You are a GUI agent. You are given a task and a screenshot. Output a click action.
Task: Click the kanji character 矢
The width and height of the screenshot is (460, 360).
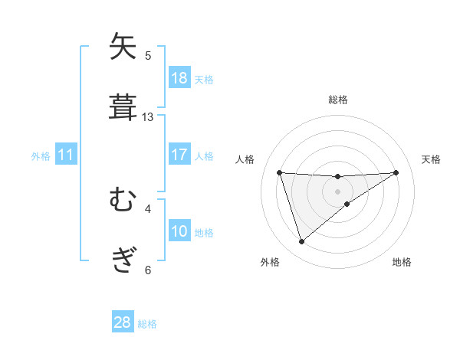pyautogui.click(x=123, y=47)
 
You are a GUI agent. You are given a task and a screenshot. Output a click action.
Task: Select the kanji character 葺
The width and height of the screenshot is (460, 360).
pyautogui.click(x=123, y=106)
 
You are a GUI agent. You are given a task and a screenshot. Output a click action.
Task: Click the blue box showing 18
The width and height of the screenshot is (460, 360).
pyautogui.click(x=179, y=78)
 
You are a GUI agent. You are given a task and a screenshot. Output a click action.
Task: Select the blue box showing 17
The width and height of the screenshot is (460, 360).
pyautogui.click(x=179, y=155)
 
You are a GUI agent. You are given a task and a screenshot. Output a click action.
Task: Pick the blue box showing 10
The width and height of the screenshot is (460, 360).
pyautogui.click(x=179, y=231)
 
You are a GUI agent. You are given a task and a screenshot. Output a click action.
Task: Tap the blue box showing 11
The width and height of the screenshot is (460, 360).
pyautogui.click(x=66, y=155)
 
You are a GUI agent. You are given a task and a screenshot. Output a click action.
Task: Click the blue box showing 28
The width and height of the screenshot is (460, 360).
pyautogui.click(x=123, y=322)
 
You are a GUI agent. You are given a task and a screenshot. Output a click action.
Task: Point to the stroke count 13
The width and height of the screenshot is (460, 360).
pyautogui.click(x=148, y=117)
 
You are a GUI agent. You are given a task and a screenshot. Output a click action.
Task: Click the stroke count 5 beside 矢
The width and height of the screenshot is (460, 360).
pyautogui.click(x=148, y=55)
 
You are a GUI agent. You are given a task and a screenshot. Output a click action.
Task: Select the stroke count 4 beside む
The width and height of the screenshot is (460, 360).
pyautogui.click(x=148, y=208)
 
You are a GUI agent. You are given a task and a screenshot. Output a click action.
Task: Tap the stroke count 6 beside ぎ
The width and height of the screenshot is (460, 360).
pyautogui.click(x=148, y=270)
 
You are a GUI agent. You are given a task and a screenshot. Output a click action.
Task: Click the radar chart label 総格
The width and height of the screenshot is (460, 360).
pyautogui.click(x=337, y=100)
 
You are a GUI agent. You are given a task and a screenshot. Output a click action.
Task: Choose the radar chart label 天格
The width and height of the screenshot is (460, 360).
pyautogui.click(x=431, y=159)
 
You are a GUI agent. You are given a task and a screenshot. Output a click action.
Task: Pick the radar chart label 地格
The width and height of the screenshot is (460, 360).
pyautogui.click(x=402, y=262)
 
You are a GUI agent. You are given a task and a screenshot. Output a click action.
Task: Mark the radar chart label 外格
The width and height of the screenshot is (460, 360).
pyautogui.click(x=270, y=262)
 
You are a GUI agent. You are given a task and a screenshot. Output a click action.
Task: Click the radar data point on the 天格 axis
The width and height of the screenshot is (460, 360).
pyautogui.click(x=396, y=172)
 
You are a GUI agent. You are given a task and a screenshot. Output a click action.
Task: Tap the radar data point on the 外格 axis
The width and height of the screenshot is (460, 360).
pyautogui.click(x=302, y=242)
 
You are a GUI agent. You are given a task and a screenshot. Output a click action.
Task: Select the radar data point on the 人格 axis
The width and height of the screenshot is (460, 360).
pyautogui.click(x=280, y=172)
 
